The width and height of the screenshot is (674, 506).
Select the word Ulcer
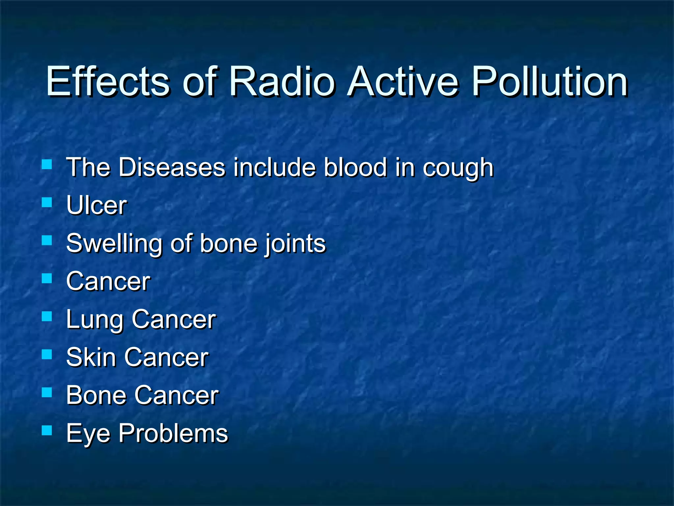pos(96,205)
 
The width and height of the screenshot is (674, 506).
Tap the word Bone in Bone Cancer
pos(95,395)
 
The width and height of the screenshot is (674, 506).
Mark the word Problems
pos(173,433)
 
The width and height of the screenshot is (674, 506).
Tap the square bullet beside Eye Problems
pos(47,430)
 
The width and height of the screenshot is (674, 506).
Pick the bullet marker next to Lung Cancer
pos(47,316)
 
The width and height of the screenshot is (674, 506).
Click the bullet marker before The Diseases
pos(47,164)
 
